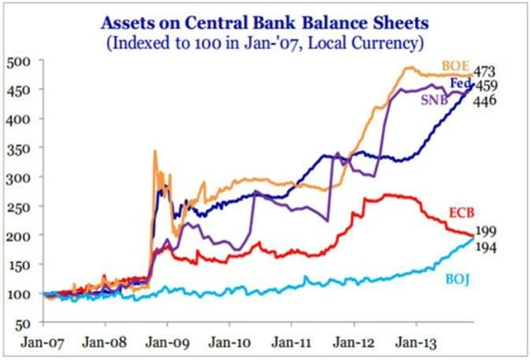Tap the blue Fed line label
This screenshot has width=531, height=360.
point(461,84)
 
